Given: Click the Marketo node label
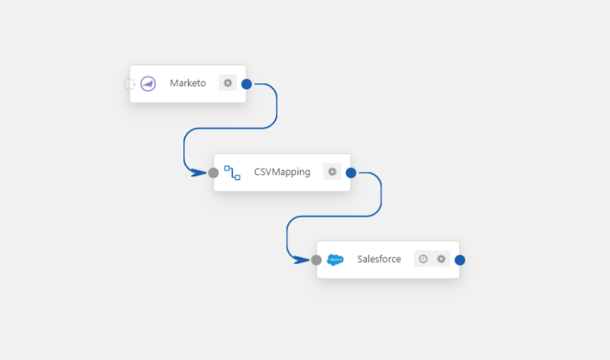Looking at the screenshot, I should point(188,83).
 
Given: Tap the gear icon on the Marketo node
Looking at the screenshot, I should point(228,83).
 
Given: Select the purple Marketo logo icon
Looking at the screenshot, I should point(148,83).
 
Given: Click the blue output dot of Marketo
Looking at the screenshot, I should point(246,84).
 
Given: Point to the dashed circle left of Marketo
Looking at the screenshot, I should point(130,83).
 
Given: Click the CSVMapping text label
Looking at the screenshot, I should point(282,172).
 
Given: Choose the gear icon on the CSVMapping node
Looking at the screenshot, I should point(332,172).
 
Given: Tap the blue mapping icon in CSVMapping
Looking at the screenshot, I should point(232,172).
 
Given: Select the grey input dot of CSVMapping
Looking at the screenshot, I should point(214,173).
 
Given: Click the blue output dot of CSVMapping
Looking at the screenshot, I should point(350,173).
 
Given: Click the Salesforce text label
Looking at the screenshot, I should point(379,259).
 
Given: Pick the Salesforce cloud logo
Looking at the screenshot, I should point(335,259).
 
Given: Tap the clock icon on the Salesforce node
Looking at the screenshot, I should point(423,259).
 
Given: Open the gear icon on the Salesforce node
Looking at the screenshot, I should point(441,259).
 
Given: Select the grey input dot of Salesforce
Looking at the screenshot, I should point(316,260).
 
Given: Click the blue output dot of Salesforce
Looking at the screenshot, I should point(460,260).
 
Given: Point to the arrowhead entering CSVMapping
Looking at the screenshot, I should point(200,173).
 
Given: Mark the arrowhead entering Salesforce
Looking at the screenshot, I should point(303,260).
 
